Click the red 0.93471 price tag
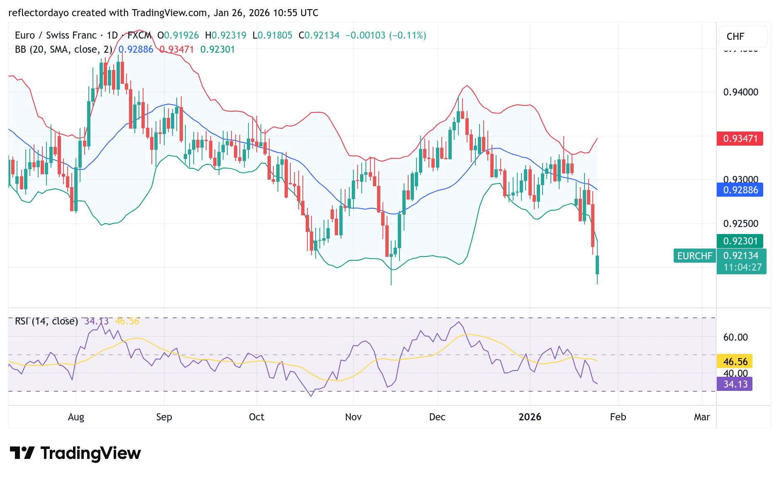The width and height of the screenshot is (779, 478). tap(740, 139)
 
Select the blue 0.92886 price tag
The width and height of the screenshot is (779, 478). tap(740, 190)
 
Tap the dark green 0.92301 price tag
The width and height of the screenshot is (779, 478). tap(740, 241)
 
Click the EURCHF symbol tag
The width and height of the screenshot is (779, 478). tap(694, 256)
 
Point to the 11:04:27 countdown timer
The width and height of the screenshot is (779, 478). tap(742, 268)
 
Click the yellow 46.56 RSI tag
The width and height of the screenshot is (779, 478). tap(735, 361)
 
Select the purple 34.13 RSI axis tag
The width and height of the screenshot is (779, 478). tap(735, 384)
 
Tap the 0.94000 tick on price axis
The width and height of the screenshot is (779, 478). tap(740, 92)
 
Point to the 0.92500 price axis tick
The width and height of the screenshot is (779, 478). tap(740, 224)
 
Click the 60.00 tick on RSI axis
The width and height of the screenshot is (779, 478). tap(735, 337)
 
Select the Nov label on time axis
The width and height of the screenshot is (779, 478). tap(353, 417)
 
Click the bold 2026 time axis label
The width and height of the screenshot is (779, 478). tap(530, 417)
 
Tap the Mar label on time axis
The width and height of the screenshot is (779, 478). tap(702, 417)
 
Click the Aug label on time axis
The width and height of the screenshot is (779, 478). tap(76, 417)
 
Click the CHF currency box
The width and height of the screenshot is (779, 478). tap(735, 37)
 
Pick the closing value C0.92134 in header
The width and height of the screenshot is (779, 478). tap(319, 35)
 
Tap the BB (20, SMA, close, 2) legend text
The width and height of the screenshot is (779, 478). tap(63, 49)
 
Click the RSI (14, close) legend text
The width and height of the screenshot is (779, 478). tap(46, 321)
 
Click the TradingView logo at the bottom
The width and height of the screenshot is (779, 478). tap(75, 453)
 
